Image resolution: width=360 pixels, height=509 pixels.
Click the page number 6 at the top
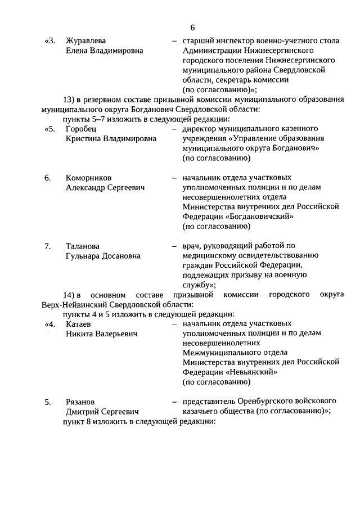[192, 28]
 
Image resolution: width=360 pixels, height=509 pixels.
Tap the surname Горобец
[81, 129]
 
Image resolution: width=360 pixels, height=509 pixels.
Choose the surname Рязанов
[81, 402]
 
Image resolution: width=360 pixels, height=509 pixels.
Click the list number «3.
[49, 41]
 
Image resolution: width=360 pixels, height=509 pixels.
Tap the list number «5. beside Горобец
[49, 129]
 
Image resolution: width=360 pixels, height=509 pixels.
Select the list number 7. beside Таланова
[48, 246]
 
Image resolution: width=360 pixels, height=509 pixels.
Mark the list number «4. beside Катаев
[49, 324]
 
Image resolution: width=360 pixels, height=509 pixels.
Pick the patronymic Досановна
[121, 256]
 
